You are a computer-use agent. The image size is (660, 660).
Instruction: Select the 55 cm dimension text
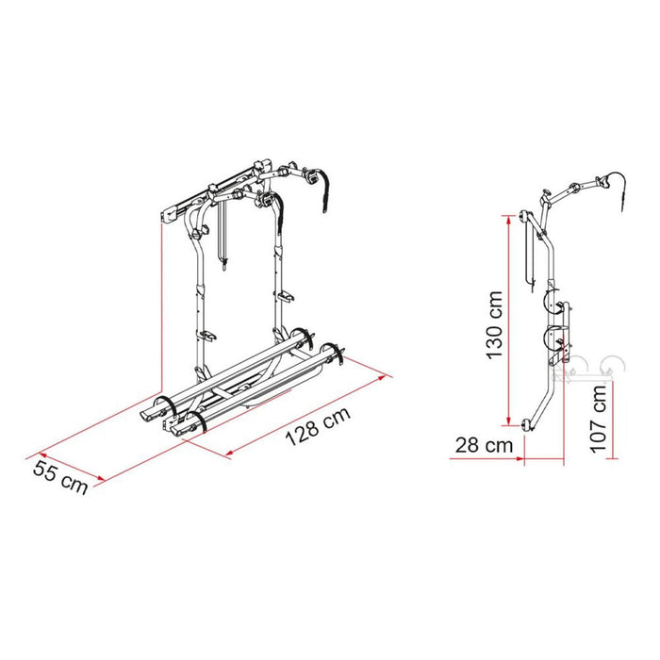[x=62, y=477]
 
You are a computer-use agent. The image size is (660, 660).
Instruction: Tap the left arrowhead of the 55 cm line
[x=40, y=447]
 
